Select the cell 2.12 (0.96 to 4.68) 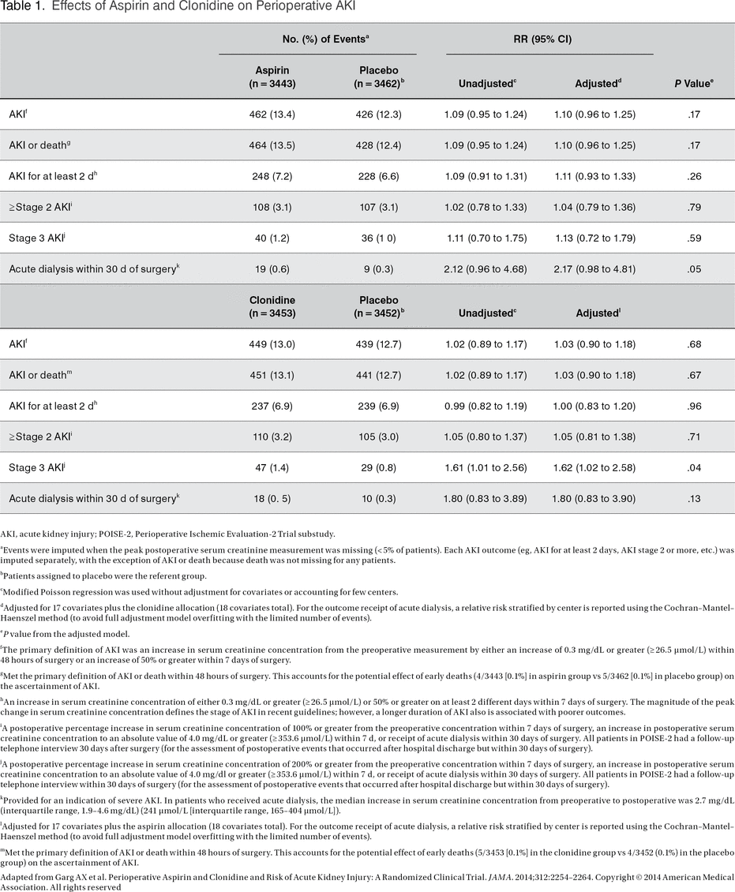[x=486, y=269]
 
